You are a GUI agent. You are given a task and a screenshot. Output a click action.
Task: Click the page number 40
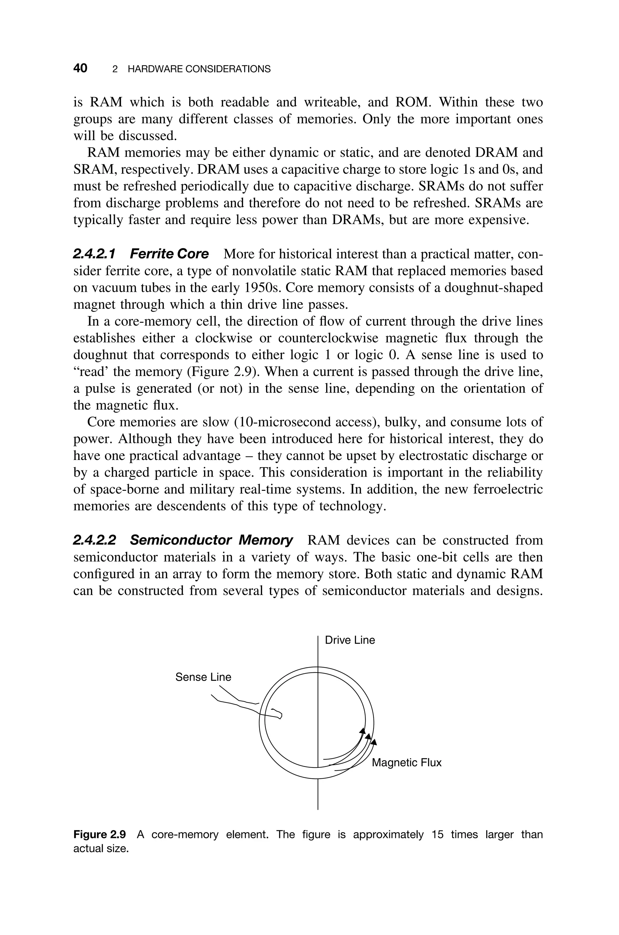click(80, 68)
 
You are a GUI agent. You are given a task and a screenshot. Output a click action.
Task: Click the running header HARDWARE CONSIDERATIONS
click(199, 69)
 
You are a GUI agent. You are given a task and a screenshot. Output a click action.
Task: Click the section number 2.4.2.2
click(95, 540)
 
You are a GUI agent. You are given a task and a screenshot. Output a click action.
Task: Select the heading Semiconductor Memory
click(211, 540)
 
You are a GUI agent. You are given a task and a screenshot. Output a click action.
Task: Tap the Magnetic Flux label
click(406, 762)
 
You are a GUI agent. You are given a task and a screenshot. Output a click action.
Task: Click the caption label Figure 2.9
click(99, 835)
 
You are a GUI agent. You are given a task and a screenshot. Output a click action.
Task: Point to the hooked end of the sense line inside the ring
click(279, 713)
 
